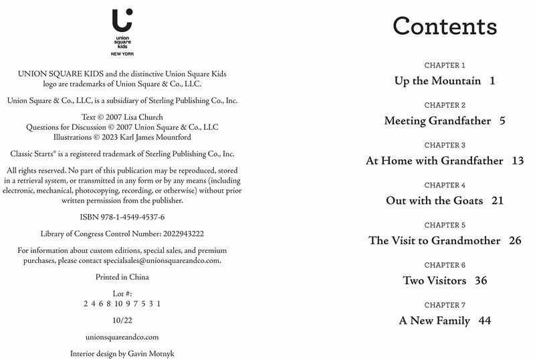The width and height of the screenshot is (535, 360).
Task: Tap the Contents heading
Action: [445, 26]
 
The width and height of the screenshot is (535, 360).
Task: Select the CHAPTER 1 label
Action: [445, 66]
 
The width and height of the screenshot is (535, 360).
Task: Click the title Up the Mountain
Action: [437, 81]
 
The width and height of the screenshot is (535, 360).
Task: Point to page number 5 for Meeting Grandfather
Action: [502, 121]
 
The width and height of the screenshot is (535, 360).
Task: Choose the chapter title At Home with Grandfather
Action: [434, 161]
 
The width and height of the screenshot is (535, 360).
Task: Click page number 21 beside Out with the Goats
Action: [497, 201]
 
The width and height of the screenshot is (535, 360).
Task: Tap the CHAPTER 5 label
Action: [445, 226]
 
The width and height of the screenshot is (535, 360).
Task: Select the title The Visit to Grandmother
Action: [434, 241]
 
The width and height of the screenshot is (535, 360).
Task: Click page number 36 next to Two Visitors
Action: [481, 280]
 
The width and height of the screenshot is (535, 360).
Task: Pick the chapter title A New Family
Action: [435, 321]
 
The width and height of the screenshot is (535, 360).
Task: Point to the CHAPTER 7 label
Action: [445, 305]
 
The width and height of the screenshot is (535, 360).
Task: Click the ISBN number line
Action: [122, 217]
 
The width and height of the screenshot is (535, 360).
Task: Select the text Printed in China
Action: [122, 277]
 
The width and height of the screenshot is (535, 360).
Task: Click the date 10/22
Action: [122, 321]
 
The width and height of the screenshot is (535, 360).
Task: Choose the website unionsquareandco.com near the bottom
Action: [122, 337]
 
